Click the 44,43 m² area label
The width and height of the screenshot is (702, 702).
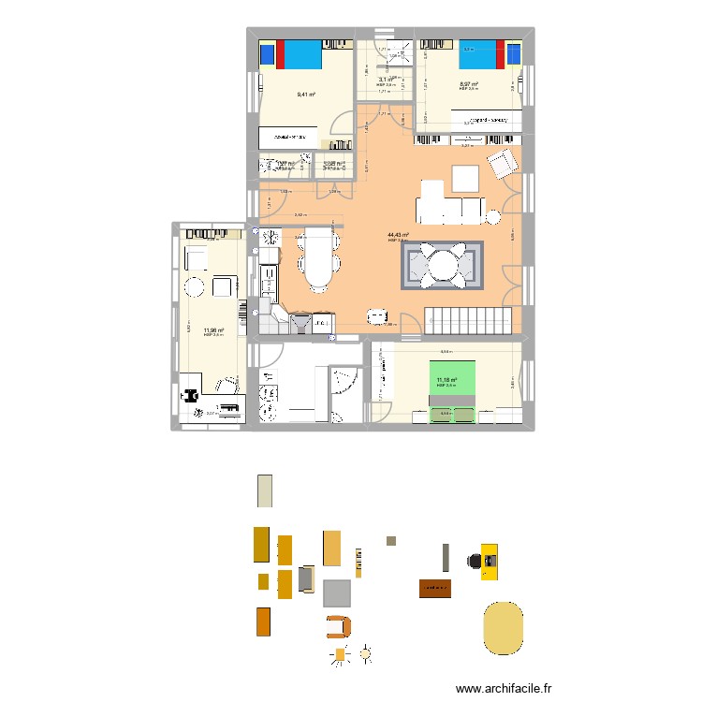tap(397, 235)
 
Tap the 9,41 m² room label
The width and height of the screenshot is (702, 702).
tap(306, 94)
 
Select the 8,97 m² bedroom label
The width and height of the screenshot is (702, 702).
tap(469, 84)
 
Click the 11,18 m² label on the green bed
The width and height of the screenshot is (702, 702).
tap(445, 380)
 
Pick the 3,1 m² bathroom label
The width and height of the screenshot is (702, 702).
tap(384, 80)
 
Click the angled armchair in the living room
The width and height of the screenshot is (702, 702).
tap(503, 164)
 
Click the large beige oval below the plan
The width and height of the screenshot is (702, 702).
tap(503, 627)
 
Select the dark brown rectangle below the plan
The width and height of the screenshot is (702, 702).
tap(435, 589)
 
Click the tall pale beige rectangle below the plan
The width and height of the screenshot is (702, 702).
tap(266, 491)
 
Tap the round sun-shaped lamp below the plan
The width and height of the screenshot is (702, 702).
tap(366, 652)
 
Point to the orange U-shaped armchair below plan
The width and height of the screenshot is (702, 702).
tap(338, 627)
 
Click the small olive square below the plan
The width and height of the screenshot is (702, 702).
tap(391, 540)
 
